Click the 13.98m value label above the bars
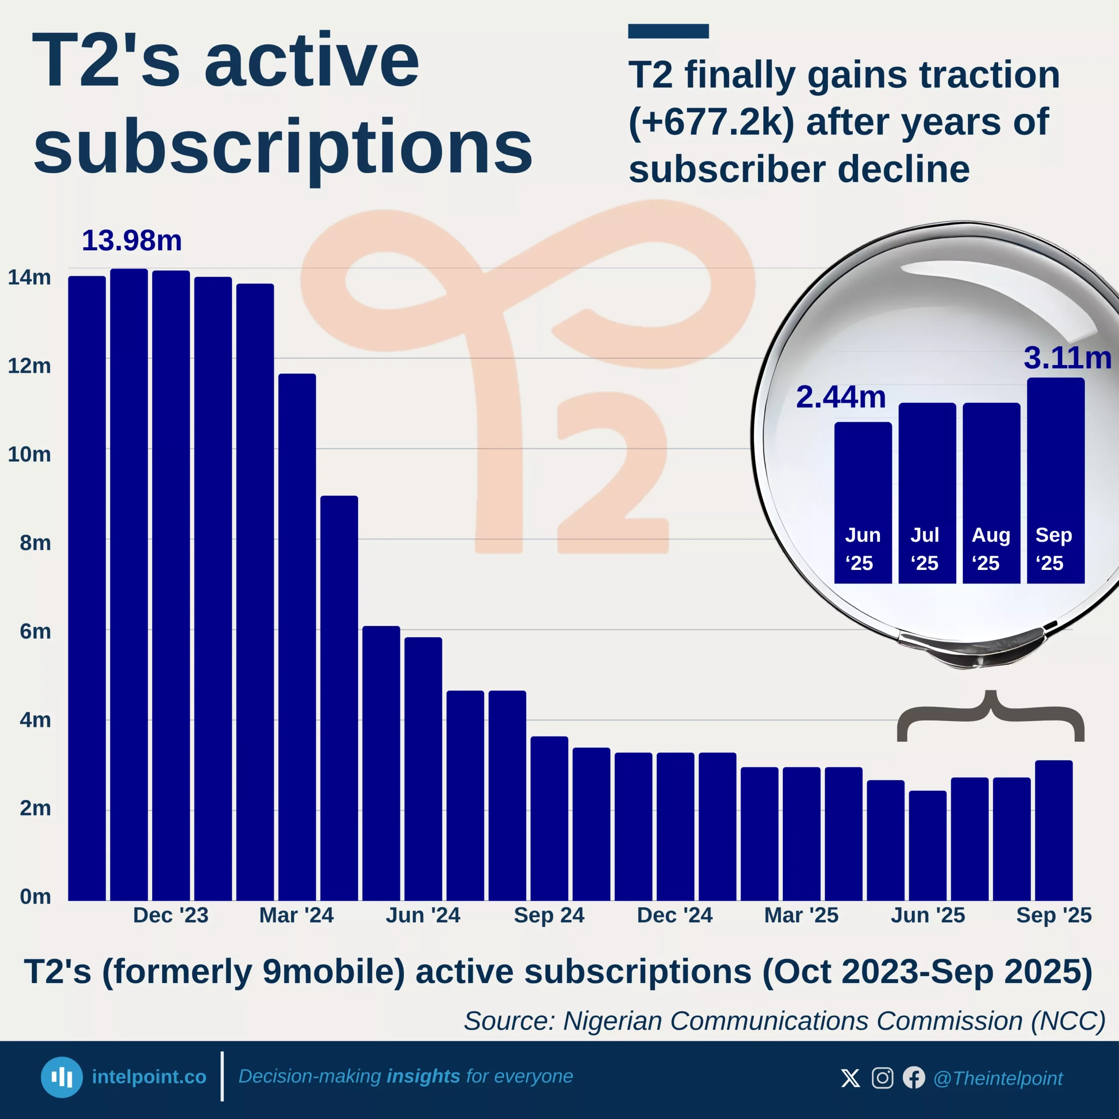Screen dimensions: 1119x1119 (132, 240)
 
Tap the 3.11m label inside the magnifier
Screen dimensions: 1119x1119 (1067, 358)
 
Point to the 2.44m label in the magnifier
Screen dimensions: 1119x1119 (841, 397)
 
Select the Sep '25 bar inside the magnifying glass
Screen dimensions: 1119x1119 (1055, 481)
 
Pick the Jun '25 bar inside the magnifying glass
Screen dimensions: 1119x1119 (862, 503)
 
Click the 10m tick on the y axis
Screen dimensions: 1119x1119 (29, 455)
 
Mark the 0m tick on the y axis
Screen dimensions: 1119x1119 (35, 897)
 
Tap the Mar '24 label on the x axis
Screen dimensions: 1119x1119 (296, 915)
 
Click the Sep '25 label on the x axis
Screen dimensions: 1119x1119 (1053, 915)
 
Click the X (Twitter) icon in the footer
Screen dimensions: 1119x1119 (850, 1078)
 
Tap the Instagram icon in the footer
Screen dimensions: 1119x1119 (882, 1078)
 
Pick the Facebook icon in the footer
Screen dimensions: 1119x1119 (914, 1078)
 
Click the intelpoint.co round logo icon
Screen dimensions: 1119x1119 (61, 1077)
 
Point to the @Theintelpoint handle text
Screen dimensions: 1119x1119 (997, 1078)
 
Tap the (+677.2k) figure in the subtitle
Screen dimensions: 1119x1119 (711, 122)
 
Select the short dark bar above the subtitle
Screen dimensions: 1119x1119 (668, 31)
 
